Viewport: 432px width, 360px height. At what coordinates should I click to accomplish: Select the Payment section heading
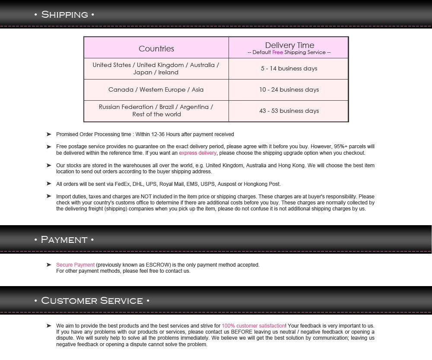(x=64, y=240)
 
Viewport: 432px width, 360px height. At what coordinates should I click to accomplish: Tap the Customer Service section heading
(x=92, y=301)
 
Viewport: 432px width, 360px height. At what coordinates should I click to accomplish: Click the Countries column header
(x=156, y=49)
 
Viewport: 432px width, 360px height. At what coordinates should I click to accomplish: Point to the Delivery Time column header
(x=289, y=45)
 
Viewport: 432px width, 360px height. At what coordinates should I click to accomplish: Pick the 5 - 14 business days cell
(x=289, y=69)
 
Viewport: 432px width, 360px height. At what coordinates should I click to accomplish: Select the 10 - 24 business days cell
(x=289, y=90)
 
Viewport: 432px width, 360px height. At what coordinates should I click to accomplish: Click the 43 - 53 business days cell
(x=289, y=111)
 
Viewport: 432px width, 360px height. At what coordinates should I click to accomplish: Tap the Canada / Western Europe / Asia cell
(x=156, y=90)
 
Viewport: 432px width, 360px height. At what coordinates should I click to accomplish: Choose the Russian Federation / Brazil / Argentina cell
(x=156, y=107)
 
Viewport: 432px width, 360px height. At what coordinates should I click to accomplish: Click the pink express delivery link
(x=197, y=153)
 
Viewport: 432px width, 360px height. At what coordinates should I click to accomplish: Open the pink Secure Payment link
(x=75, y=265)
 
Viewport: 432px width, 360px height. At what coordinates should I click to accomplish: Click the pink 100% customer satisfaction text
(x=253, y=326)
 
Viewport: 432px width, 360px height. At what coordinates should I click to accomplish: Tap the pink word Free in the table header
(x=277, y=52)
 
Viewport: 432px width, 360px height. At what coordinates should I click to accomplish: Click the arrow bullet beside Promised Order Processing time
(x=49, y=134)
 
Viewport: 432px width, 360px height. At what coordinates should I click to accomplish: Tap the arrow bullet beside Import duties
(x=49, y=197)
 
